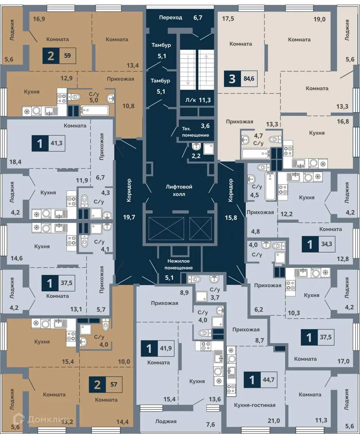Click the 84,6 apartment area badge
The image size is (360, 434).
pos(249,79)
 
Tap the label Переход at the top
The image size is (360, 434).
pos(171,17)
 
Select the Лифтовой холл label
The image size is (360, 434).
pos(179,191)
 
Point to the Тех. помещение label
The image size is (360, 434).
pos(195,132)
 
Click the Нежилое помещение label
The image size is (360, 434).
pos(179,264)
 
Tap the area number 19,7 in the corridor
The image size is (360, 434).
pos(129,217)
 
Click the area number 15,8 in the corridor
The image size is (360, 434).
pos(231,218)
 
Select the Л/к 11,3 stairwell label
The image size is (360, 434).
pos(198,100)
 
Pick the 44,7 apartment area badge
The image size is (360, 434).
pos(268,380)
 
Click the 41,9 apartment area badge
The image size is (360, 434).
pos(166,348)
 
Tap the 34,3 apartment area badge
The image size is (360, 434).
pos(326,244)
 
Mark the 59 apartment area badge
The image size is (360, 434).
pos(67,56)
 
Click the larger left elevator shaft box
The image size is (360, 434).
pos(166,229)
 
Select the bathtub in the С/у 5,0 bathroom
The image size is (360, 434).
pos(95,110)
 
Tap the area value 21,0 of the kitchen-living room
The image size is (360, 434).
pos(274,421)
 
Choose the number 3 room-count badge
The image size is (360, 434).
pos(232,79)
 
